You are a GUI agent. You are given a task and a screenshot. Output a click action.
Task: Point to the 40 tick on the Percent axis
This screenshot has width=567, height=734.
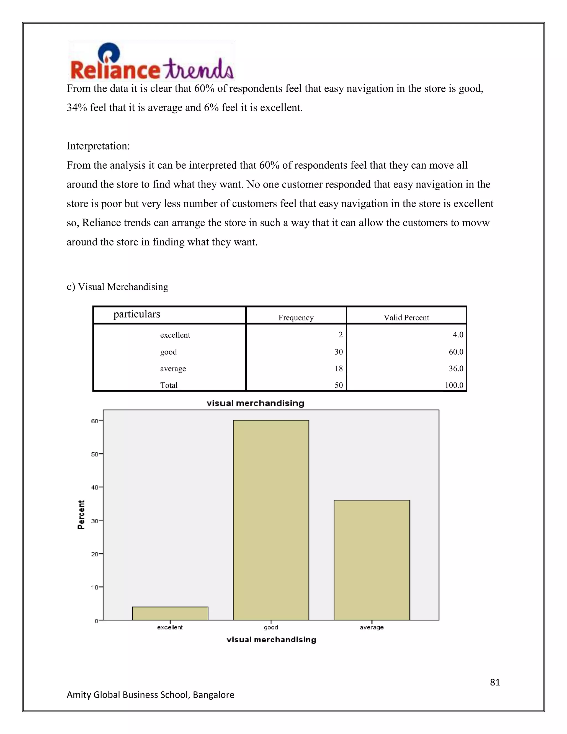95,487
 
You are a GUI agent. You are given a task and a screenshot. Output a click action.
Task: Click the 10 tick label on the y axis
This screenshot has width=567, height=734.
95,587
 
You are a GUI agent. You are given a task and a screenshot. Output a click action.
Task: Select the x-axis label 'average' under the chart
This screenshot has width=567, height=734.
372,627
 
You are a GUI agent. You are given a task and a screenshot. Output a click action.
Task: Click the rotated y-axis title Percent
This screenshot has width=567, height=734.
81,515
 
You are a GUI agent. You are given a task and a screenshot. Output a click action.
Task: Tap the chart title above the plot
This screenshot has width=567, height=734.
255,403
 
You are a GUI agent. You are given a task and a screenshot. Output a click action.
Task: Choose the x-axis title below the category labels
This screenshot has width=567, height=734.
271,640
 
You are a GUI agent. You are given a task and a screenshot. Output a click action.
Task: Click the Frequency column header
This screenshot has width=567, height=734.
296,318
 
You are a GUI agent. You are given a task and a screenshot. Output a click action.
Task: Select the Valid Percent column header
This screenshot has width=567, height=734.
406,318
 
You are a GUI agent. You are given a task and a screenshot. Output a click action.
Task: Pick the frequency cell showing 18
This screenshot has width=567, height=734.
339,368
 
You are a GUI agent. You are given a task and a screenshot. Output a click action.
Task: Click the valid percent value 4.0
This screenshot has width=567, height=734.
458,335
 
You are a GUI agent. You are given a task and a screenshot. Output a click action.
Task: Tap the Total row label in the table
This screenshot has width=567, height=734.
169,385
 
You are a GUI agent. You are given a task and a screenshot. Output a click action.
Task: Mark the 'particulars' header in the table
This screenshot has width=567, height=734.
137,314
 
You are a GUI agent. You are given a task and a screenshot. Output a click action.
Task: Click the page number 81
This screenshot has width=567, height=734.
495,682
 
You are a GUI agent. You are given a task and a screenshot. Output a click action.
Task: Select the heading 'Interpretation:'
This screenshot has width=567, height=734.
98,146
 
